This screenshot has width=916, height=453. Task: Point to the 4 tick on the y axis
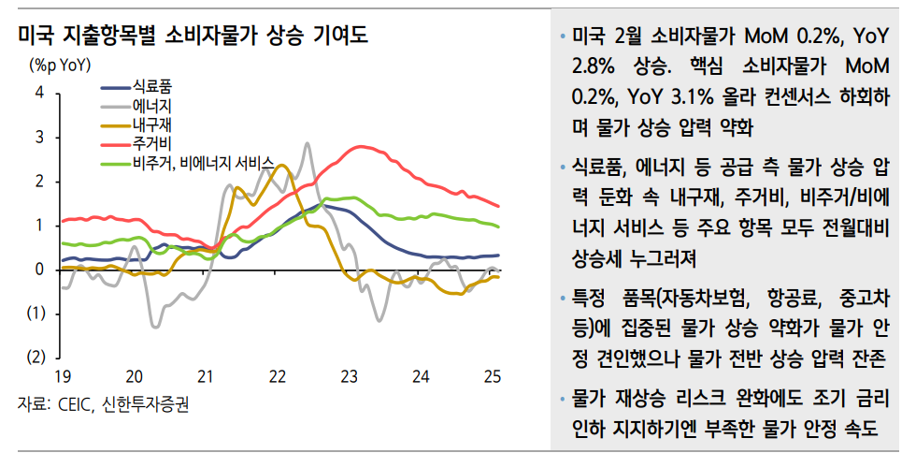(x=39, y=93)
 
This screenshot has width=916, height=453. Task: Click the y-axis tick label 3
(x=39, y=137)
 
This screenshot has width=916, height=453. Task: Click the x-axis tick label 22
(x=278, y=376)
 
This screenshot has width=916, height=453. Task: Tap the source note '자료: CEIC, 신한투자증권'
(x=110, y=403)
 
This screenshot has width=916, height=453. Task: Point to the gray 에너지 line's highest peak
(x=308, y=143)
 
